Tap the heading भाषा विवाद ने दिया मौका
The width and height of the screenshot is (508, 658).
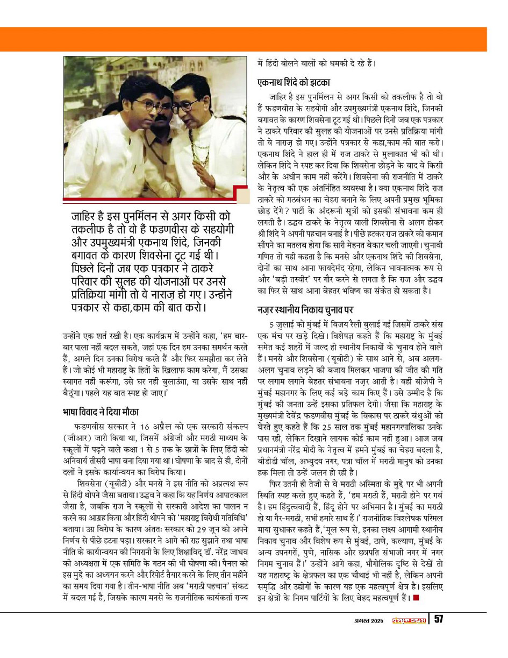pyautogui.click(x=101, y=412)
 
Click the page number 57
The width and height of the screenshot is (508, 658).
pyautogui.click(x=439, y=619)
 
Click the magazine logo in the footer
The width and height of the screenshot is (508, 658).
pyautogui.click(x=408, y=620)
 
